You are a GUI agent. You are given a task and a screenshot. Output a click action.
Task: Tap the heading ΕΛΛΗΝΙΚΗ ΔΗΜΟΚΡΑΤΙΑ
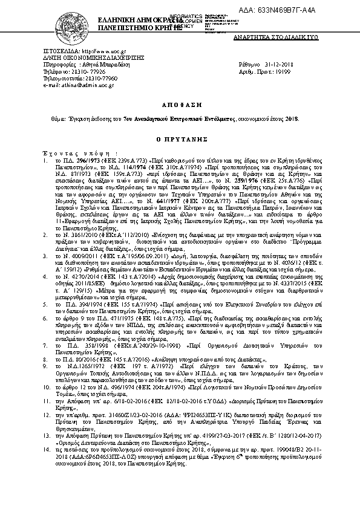click(x=130, y=21)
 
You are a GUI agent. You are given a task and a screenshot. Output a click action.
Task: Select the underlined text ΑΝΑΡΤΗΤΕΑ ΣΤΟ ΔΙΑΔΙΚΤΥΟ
click(x=300, y=37)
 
